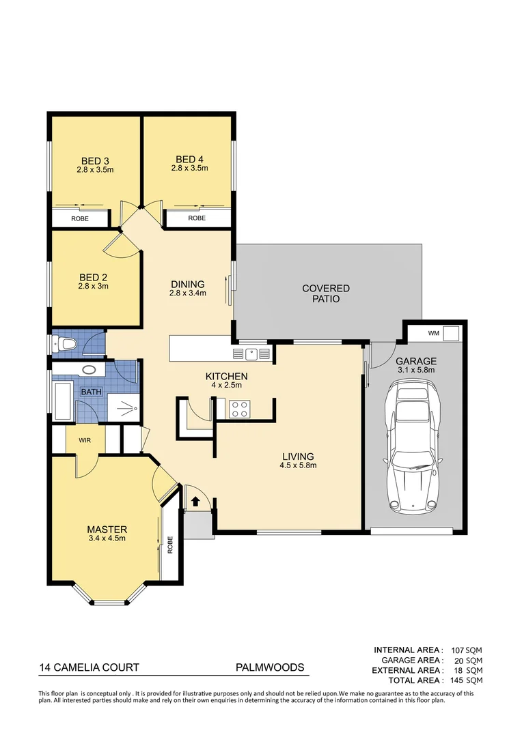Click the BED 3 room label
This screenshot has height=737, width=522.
coord(94,161)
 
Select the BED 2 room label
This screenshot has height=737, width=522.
coord(94,277)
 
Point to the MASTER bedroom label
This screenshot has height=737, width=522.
coord(107,529)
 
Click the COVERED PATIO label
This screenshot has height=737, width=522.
coord(326,293)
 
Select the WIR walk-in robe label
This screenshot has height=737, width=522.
coord(85,440)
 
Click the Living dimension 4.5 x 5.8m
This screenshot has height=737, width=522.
coord(299,466)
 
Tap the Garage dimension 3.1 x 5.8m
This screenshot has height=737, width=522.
coord(417,370)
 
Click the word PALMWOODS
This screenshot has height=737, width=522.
coord(270,668)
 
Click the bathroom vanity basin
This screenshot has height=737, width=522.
coord(90,371)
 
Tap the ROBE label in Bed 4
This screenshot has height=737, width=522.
coord(197,218)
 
